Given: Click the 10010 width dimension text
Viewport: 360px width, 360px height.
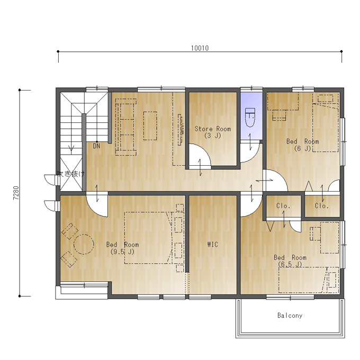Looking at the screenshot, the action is pyautogui.click(x=200, y=48).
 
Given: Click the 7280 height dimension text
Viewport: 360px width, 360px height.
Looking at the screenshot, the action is pyautogui.click(x=16, y=193).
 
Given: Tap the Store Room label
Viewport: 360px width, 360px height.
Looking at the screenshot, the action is pyautogui.click(x=213, y=129).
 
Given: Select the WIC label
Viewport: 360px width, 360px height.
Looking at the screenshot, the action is pyautogui.click(x=213, y=244).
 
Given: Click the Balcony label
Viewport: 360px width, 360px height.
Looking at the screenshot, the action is pyautogui.click(x=290, y=316).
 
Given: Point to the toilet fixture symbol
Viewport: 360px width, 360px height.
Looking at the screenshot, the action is pyautogui.click(x=250, y=118).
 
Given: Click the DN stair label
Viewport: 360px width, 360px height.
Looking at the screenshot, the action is pyautogui.click(x=96, y=146).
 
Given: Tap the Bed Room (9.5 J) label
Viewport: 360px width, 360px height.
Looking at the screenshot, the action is pyautogui.click(x=122, y=248).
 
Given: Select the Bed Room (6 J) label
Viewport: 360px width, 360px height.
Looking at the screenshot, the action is pyautogui.click(x=303, y=145).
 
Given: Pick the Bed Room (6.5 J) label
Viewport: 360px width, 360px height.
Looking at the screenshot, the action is pyautogui.click(x=290, y=261).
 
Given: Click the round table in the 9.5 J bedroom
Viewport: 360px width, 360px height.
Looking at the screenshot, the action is pyautogui.click(x=84, y=244).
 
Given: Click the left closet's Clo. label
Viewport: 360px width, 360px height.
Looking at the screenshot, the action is pyautogui.click(x=283, y=206).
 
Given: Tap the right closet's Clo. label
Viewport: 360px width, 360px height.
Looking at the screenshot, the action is pyautogui.click(x=321, y=206).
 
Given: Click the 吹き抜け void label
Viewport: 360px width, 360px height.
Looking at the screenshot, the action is pyautogui.click(x=71, y=174).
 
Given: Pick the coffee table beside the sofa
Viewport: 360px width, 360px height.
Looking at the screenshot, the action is pyautogui.click(x=150, y=126).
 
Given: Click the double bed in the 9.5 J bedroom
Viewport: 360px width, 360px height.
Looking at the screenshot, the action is pyautogui.click(x=148, y=238).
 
